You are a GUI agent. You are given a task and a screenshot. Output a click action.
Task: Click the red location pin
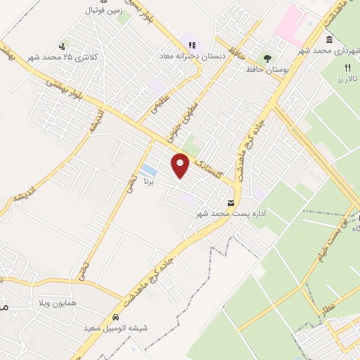[x=181, y=166]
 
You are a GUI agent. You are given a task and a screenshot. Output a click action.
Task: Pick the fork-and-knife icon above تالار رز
[x=347, y=67]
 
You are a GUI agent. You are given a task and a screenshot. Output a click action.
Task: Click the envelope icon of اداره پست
[x=222, y=202]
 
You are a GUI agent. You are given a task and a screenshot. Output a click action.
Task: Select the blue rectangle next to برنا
[x=148, y=171]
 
